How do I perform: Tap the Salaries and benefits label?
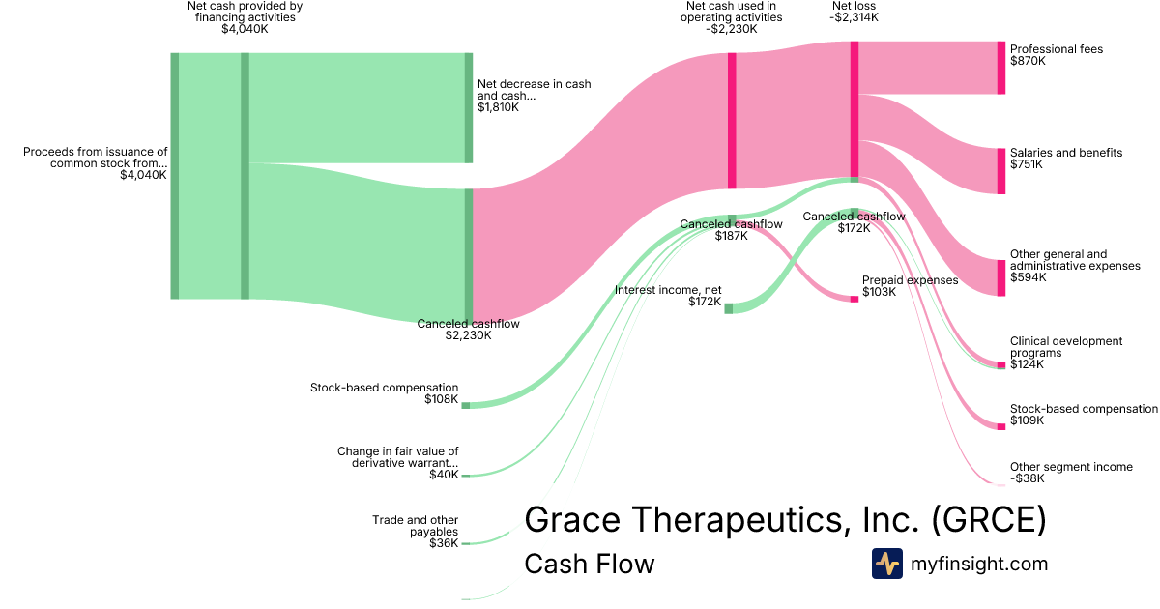1065,159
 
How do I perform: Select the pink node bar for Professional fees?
1001,68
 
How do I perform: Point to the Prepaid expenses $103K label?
910,285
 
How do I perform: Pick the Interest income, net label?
668,296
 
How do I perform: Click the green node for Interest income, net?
729,308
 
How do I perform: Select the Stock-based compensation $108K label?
384,392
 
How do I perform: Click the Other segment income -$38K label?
1070,473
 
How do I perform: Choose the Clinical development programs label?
1066,353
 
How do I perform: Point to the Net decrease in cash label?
534,96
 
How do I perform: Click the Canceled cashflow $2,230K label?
468,330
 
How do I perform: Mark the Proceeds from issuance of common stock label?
95,163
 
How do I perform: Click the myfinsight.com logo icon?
886,564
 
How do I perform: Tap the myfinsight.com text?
978,564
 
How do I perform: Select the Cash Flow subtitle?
589,564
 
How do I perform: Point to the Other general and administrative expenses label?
1075,266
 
